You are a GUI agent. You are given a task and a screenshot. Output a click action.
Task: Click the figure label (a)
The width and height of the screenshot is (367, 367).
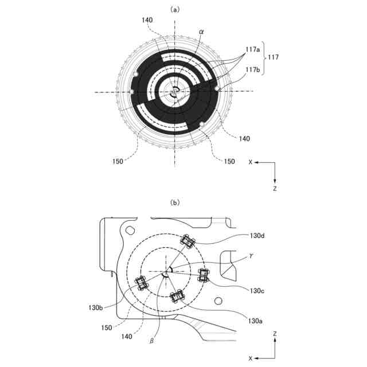pyautogui.click(x=175, y=10)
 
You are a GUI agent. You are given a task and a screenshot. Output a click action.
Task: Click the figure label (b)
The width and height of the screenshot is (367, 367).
pyautogui.click(x=175, y=202)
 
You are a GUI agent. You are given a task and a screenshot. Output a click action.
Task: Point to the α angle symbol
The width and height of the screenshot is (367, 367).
pyautogui.click(x=201, y=33)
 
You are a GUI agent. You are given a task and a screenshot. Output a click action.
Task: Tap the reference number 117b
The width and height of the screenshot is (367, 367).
pyautogui.click(x=253, y=70)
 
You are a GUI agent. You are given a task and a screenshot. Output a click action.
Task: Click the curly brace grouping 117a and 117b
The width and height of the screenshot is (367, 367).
pyautogui.click(x=266, y=57)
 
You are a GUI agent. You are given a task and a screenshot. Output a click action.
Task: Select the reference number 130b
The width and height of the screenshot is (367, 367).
pyautogui.click(x=95, y=308)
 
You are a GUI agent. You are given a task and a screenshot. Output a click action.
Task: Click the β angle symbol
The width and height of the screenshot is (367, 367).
pyautogui.click(x=151, y=341)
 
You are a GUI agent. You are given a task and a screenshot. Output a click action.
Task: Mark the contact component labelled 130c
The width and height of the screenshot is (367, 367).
pyautogui.click(x=204, y=275)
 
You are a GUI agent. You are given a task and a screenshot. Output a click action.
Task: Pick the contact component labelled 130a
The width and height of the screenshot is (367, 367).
pyautogui.click(x=177, y=296)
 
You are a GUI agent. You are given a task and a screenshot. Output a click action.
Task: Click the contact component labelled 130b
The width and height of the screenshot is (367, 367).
pyautogui.click(x=140, y=283)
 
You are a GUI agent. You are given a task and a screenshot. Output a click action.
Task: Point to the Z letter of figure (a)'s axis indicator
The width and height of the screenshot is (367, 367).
pyautogui.click(x=275, y=188)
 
